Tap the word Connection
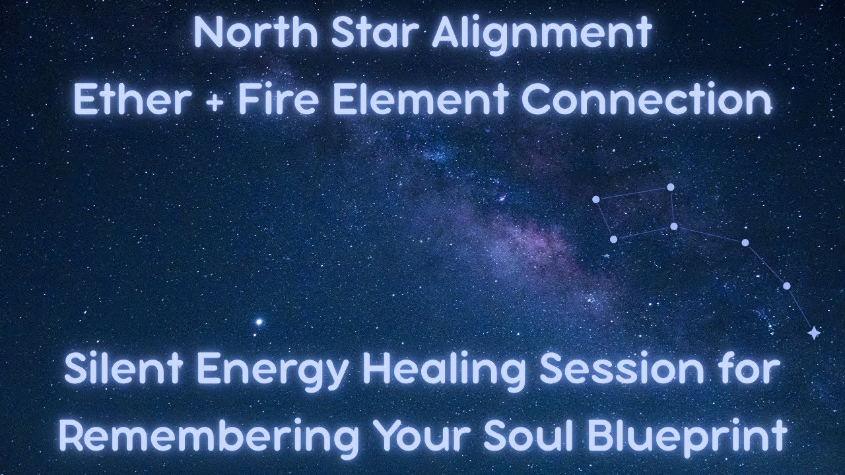646,101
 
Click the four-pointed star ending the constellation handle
814,333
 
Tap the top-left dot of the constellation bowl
595,199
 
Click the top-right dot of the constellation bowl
670,187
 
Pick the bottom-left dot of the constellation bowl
613,239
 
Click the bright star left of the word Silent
259,322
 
